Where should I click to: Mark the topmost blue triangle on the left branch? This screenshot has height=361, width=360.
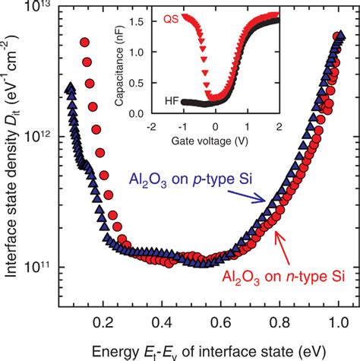coord(70,87)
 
